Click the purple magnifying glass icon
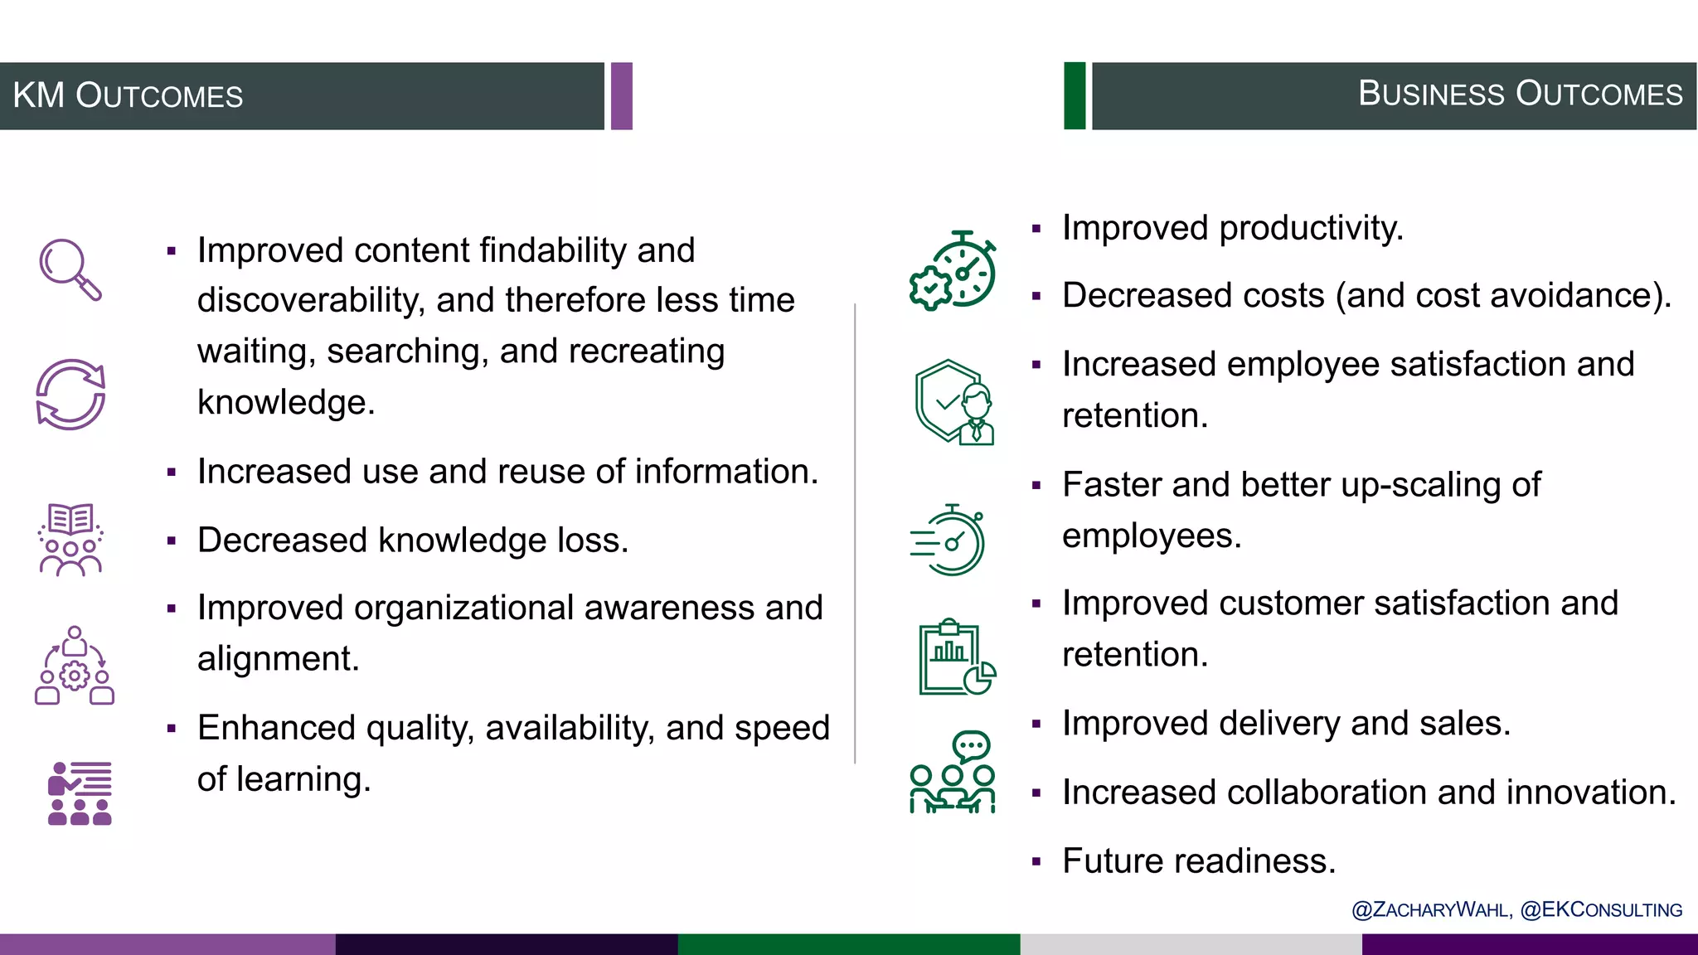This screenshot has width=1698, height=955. [x=70, y=269]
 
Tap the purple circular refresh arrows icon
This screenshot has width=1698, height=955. [x=70, y=395]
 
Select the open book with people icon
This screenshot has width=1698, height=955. [x=70, y=539]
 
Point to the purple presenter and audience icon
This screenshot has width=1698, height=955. [x=80, y=793]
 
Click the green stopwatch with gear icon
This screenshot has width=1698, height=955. [x=953, y=270]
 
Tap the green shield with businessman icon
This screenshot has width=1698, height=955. [x=954, y=403]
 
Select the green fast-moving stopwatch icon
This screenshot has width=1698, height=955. [x=948, y=540]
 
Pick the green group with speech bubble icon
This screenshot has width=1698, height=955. [x=953, y=773]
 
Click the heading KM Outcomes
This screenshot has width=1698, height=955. [x=128, y=96]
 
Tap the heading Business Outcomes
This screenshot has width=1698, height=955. [x=1520, y=94]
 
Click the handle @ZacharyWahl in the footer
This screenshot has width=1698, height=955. [x=1431, y=910]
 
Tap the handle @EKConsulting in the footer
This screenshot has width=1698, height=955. [x=1601, y=910]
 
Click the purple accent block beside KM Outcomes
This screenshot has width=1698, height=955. [x=622, y=96]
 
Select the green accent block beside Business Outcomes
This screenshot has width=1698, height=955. [x=1075, y=96]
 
